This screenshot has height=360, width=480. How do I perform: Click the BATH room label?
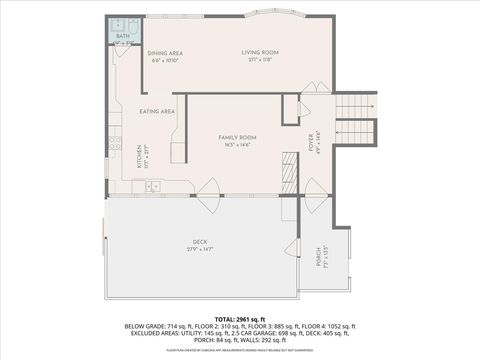(122, 36)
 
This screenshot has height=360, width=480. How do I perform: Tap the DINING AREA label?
(164, 53)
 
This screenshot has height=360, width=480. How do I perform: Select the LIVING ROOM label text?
(260, 52)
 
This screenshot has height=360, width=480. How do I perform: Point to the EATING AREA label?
(157, 111)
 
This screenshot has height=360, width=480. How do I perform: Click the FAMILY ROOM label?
(238, 137)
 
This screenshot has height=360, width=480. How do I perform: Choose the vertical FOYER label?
(311, 141)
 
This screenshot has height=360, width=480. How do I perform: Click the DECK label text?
(199, 241)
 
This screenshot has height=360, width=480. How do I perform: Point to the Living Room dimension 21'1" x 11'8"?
(260, 60)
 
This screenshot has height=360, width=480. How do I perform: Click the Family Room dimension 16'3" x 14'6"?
(238, 145)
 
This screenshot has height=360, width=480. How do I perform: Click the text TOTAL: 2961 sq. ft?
(239, 316)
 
